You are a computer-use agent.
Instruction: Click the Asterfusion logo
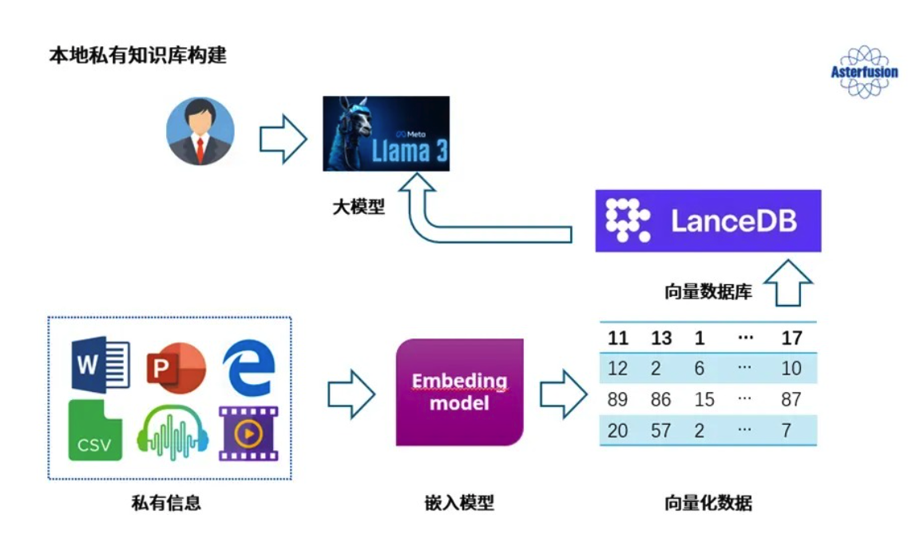tap(864, 72)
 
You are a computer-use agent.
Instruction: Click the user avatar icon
tap(200, 132)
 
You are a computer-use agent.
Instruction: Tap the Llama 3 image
tap(386, 133)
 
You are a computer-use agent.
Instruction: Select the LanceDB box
tap(708, 220)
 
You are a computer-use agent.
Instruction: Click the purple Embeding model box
tap(459, 392)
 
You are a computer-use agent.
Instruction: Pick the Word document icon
tap(100, 365)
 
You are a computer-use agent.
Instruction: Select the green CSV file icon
tap(95, 431)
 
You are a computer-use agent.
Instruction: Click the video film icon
tap(248, 433)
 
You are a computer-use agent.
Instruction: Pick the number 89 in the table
tap(617, 399)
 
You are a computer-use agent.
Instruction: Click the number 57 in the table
tap(660, 430)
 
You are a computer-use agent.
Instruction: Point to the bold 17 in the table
tap(791, 338)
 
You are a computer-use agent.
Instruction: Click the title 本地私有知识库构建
tap(137, 56)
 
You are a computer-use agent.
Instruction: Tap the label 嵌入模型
tap(459, 503)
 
